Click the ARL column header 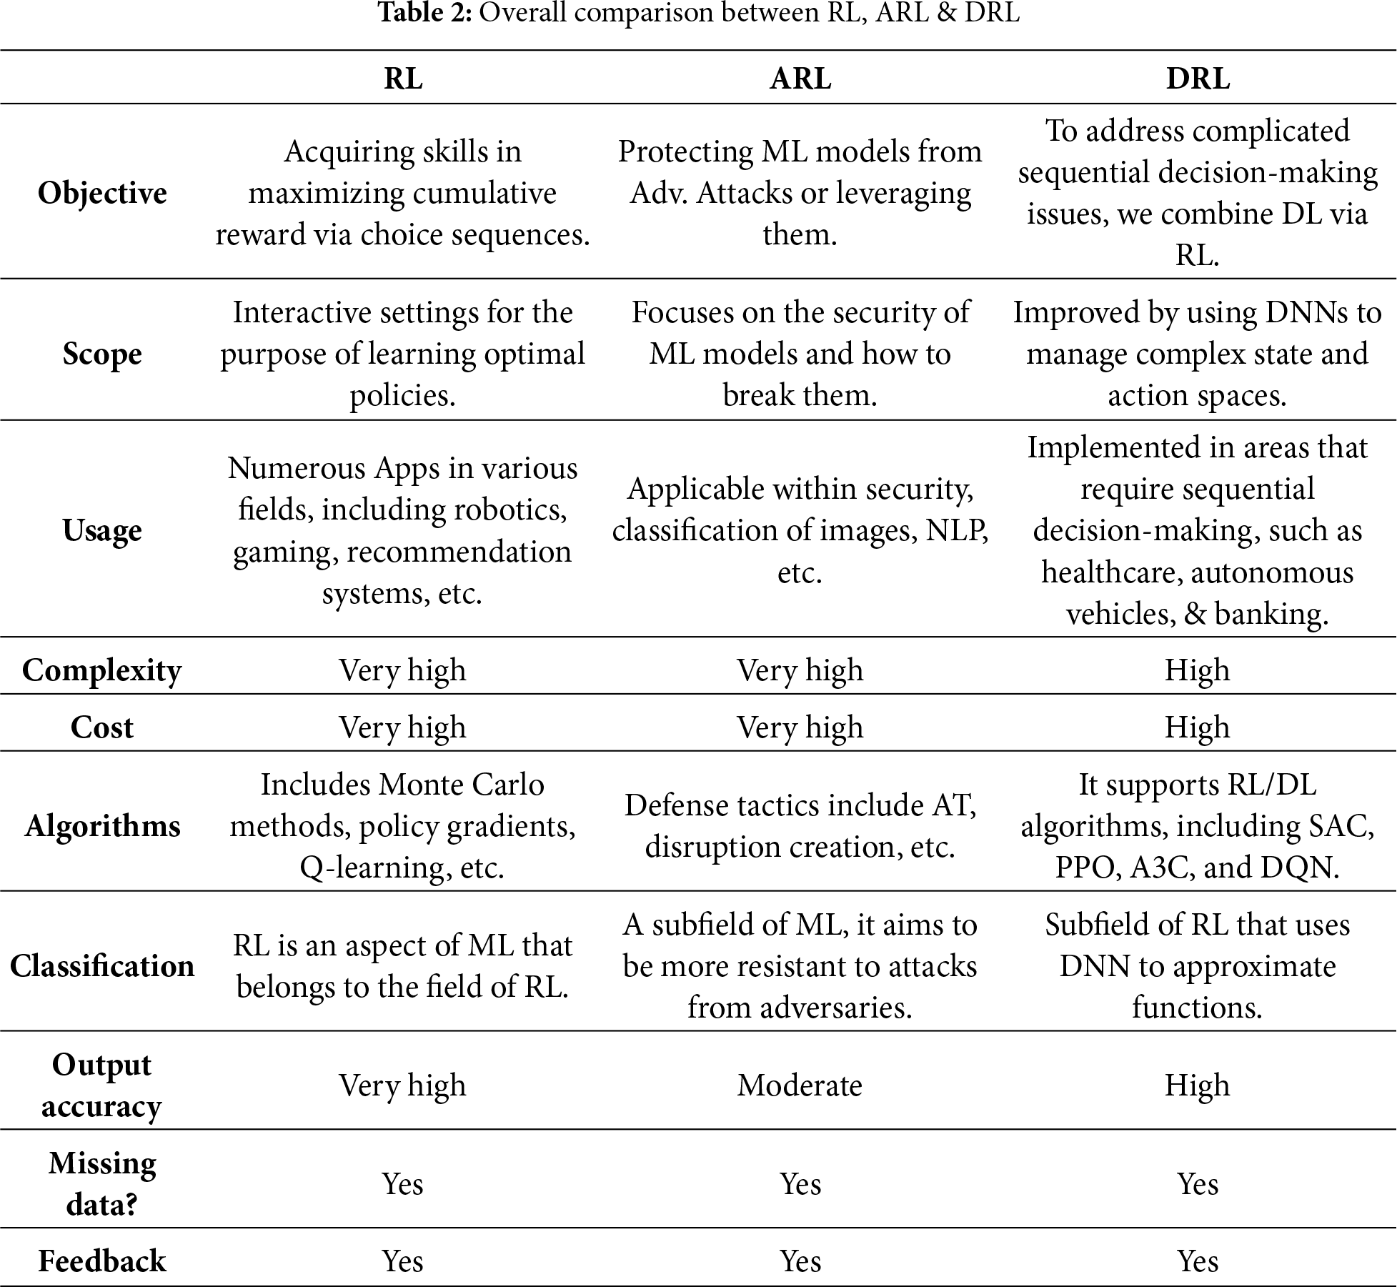pos(800,79)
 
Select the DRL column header pos(1198,79)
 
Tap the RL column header pos(403,79)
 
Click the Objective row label pos(102,193)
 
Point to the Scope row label pos(102,354)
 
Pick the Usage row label pos(102,530)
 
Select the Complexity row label pos(102,670)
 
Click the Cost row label pos(102,727)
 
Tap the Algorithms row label pos(102,826)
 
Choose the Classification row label pos(102,966)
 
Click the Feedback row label pos(102,1261)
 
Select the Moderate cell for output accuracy pos(800,1085)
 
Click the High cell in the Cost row pos(1198,727)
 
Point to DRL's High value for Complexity pos(1198,670)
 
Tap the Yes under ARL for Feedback pos(800,1261)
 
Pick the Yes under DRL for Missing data pos(1198,1184)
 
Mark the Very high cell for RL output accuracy pos(403,1085)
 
